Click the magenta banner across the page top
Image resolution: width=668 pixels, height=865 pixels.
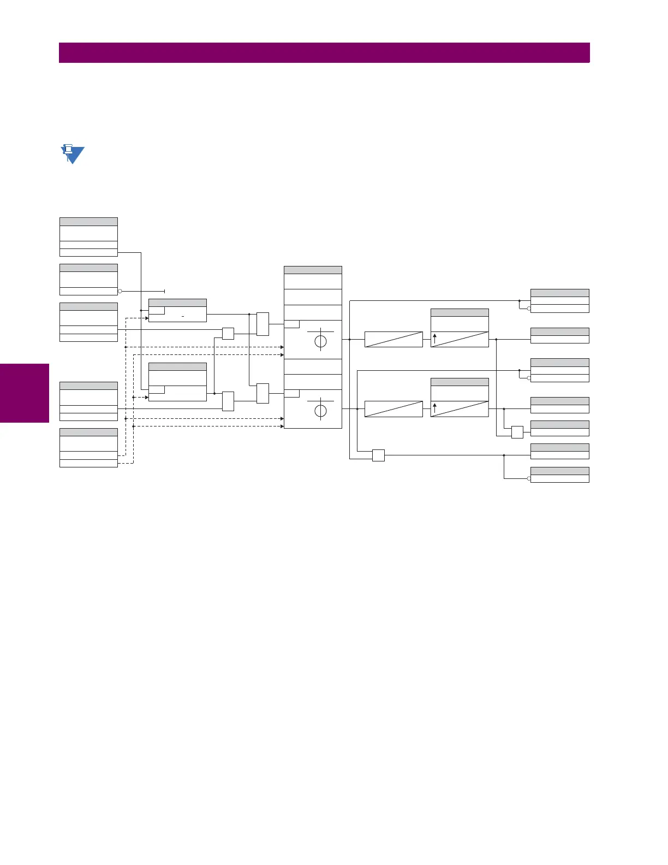coord(324,53)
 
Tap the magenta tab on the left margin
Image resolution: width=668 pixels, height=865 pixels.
coord(25,393)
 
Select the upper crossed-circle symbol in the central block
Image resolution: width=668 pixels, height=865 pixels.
coord(320,341)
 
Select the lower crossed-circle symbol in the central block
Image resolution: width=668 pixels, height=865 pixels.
coord(320,411)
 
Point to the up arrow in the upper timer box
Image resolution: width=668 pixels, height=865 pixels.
coord(434,339)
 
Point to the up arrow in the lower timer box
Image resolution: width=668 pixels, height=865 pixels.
coord(434,408)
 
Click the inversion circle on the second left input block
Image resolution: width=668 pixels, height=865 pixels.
coord(120,292)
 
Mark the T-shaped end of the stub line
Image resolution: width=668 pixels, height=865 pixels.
coord(164,292)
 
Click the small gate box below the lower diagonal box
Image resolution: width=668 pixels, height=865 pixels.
coord(378,455)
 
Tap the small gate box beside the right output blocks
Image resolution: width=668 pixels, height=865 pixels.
coord(517,432)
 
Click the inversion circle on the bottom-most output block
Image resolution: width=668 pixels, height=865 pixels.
coord(529,478)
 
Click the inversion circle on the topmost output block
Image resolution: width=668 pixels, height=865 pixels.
coord(529,309)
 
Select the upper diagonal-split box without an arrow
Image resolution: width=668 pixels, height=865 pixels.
coord(393,339)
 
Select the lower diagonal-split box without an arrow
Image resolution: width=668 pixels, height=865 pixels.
coord(393,408)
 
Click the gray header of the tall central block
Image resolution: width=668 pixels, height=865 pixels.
coord(313,270)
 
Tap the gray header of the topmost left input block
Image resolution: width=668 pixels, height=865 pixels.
coord(88,222)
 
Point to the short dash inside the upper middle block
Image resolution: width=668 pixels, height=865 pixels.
coord(183,317)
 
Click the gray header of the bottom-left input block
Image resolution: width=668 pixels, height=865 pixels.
coord(88,432)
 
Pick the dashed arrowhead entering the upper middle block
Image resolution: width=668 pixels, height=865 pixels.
coord(146,318)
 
